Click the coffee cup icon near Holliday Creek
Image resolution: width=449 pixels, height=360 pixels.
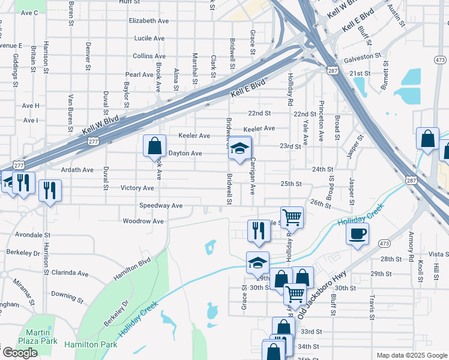tap(358, 233)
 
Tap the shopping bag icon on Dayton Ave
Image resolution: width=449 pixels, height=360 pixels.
tap(155, 145)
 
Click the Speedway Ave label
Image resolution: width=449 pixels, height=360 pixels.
tap(161, 205)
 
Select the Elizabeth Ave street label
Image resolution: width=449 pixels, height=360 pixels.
tap(149, 20)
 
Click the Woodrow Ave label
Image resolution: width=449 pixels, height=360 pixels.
tap(143, 221)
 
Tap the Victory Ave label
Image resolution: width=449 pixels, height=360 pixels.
tap(137, 188)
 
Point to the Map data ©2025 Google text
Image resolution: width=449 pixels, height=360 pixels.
tap(411, 355)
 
